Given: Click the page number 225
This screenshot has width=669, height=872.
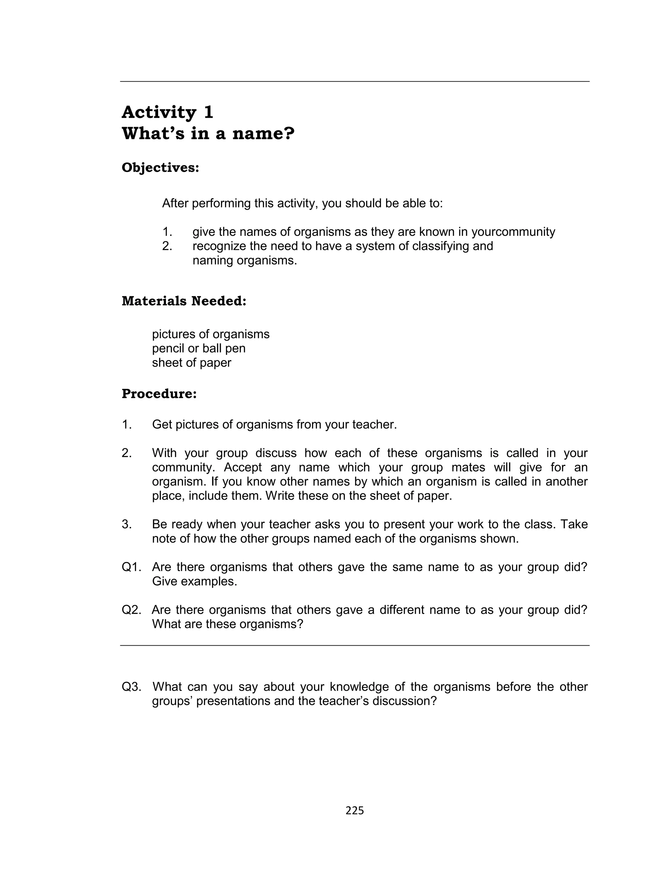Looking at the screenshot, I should tap(354, 810).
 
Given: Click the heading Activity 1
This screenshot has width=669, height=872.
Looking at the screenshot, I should tap(167, 112).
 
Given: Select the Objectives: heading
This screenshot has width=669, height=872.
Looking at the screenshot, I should tap(160, 168).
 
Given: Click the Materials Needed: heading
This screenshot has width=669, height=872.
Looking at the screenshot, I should tap(184, 301).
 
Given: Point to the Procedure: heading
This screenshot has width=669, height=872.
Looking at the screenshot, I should tap(159, 394).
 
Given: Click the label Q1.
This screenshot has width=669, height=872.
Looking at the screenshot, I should tap(131, 567).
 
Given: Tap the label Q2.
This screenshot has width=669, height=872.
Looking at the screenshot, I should tap(131, 610).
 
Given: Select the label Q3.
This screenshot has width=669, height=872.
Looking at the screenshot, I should tap(131, 686).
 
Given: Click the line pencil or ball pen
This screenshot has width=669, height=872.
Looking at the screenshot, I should tap(199, 348).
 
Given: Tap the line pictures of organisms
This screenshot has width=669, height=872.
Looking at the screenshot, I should tap(211, 334).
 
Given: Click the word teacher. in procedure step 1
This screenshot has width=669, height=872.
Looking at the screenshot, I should tap(374, 424).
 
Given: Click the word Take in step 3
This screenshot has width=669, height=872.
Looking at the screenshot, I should tap(574, 524).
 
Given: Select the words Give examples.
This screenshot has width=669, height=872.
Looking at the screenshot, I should tap(194, 581).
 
